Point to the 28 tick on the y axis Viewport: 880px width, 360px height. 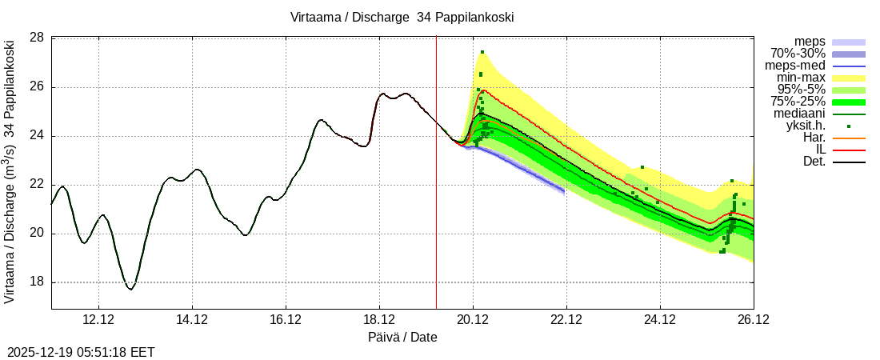tap(37, 38)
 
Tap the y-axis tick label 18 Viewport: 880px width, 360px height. tap(37, 282)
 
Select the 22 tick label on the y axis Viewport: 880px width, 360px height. tap(37, 185)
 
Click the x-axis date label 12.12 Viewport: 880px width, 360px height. tap(98, 319)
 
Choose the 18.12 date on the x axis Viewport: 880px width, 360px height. tap(379, 319)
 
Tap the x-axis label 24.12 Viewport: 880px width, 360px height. tap(660, 319)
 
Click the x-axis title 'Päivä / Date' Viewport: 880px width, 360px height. tap(402, 337)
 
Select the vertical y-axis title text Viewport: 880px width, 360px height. tap(10, 172)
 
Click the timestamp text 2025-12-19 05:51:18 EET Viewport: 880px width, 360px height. tap(81, 352)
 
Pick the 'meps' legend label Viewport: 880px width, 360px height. tap(810, 41)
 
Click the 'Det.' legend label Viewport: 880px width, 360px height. tap(813, 162)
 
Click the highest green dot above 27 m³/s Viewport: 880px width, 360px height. tap(482, 53)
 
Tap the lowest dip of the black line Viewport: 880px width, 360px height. tap(130, 289)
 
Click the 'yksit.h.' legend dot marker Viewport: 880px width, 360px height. tap(849, 126)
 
